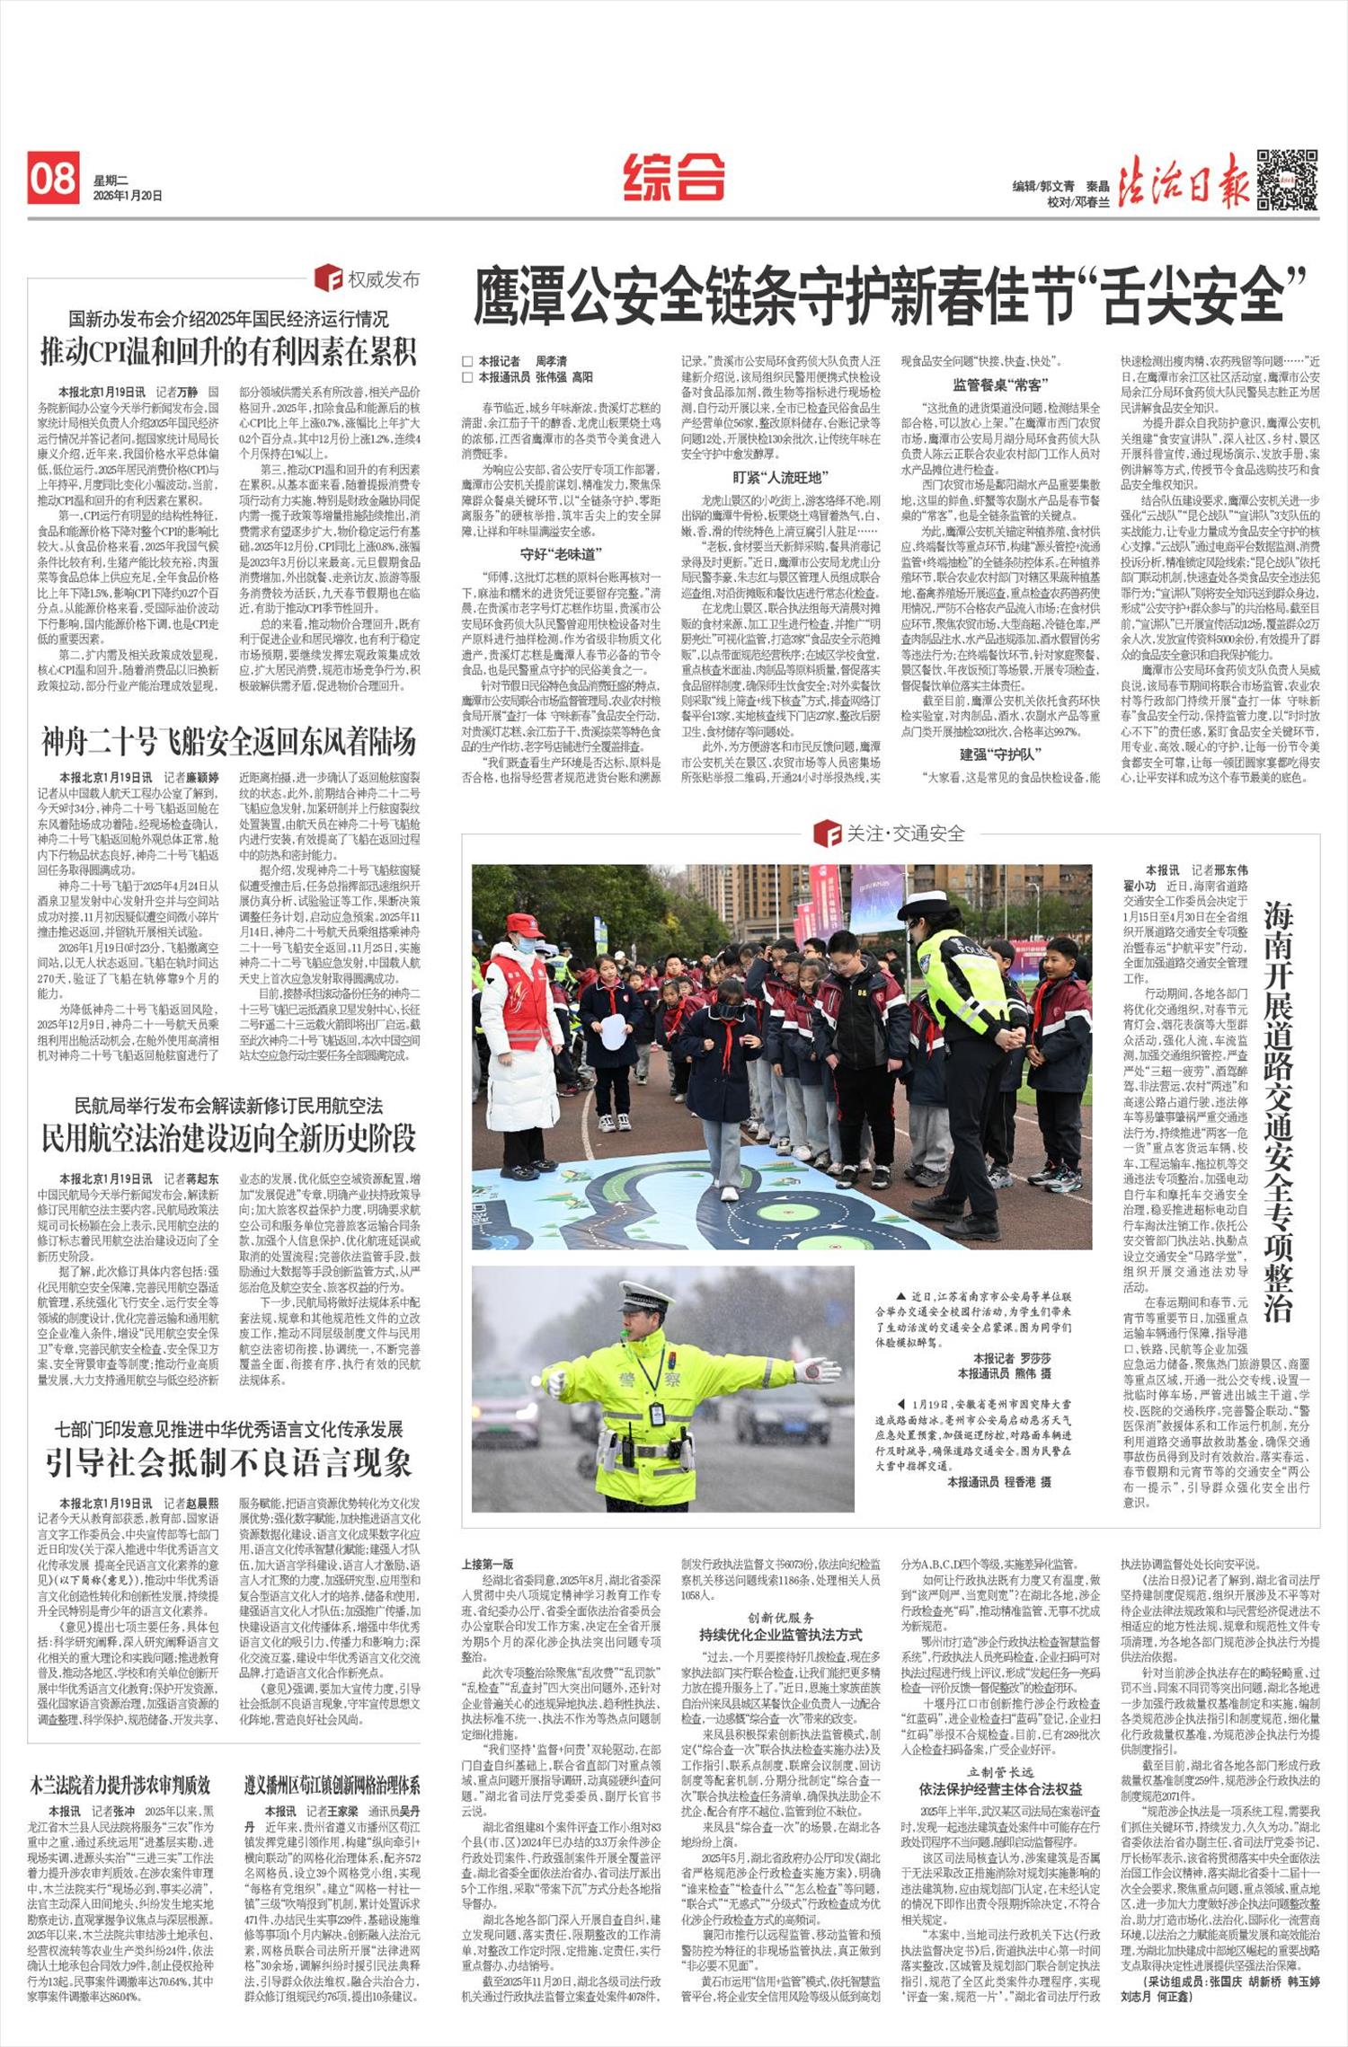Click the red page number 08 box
pyautogui.click(x=53, y=178)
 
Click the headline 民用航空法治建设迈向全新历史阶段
pyautogui.click(x=228, y=1138)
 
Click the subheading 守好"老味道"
pyautogui.click(x=562, y=554)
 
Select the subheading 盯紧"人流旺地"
pyautogui.click(x=780, y=478)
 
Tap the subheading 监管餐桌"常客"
pyautogui.click(x=998, y=384)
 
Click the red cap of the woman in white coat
pyautogui.click(x=524, y=923)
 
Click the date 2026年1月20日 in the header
pyautogui.click(x=128, y=195)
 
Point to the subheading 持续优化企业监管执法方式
pyautogui.click(x=780, y=1634)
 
